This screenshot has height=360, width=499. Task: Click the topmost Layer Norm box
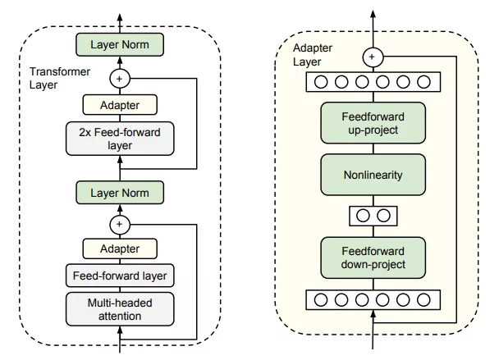click(x=120, y=44)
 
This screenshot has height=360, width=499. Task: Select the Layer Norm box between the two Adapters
click(x=120, y=193)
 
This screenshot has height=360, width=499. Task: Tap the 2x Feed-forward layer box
click(x=120, y=139)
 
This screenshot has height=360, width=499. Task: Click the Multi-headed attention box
click(x=120, y=309)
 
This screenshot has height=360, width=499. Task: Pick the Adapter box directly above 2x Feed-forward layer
click(x=120, y=105)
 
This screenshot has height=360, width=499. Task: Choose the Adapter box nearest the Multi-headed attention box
click(x=120, y=248)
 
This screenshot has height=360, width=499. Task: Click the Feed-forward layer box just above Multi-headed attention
click(x=120, y=276)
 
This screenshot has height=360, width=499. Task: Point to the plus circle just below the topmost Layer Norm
click(x=120, y=78)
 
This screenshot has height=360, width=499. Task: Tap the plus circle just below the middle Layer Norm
click(x=120, y=222)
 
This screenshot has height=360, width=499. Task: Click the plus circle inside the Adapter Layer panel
click(x=373, y=57)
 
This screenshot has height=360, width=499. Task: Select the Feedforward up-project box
click(x=373, y=122)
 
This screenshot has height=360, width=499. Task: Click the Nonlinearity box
click(x=373, y=175)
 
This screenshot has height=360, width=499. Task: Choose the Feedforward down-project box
click(x=373, y=257)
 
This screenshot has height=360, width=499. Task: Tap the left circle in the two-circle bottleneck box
click(x=364, y=216)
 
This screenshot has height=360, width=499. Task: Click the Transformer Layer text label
click(x=57, y=78)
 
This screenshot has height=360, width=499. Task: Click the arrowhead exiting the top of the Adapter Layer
click(x=373, y=15)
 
